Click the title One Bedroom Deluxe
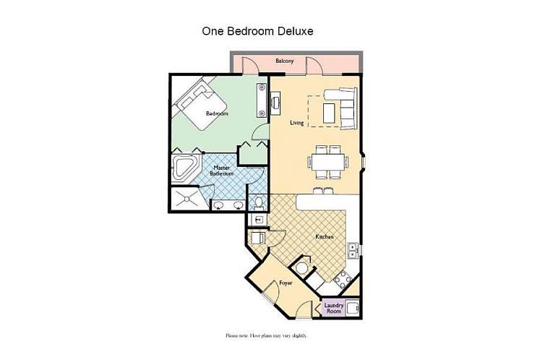(257, 31)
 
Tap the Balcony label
(284, 61)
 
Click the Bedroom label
(217, 113)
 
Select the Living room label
(297, 123)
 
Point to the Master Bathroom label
(221, 171)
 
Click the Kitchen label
(325, 236)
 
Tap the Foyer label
(286, 283)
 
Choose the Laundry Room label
(334, 308)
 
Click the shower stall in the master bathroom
(186, 199)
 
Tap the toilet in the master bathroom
(258, 202)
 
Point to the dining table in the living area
(327, 162)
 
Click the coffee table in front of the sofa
(329, 113)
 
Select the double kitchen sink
(353, 250)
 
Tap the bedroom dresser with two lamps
(262, 100)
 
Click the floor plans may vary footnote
(267, 335)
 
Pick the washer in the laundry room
(352, 308)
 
